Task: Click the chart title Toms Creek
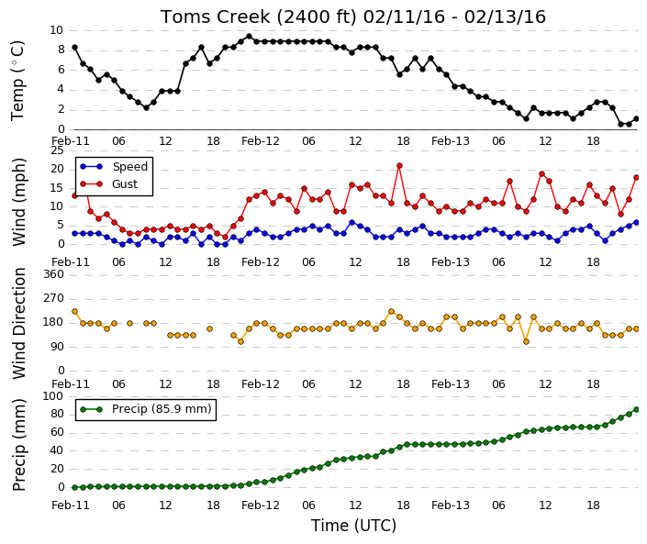click(215, 17)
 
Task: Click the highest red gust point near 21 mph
click(399, 166)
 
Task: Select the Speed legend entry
click(114, 167)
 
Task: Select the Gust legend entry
click(109, 184)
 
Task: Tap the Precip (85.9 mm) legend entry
click(146, 409)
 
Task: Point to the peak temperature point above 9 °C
click(249, 37)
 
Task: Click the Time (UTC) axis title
click(353, 526)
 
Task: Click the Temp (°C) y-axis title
click(17, 81)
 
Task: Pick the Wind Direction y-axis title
click(19, 323)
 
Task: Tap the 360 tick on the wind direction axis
click(54, 274)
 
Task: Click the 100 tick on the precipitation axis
click(54, 396)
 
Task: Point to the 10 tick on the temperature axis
click(57, 30)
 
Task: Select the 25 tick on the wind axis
click(57, 150)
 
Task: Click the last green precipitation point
click(636, 409)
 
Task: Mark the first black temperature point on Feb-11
click(74, 48)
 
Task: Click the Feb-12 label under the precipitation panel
click(261, 505)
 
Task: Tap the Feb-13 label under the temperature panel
click(451, 141)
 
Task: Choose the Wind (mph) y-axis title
click(19, 203)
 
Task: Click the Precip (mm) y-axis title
click(19, 445)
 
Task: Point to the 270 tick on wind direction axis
click(54, 298)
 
